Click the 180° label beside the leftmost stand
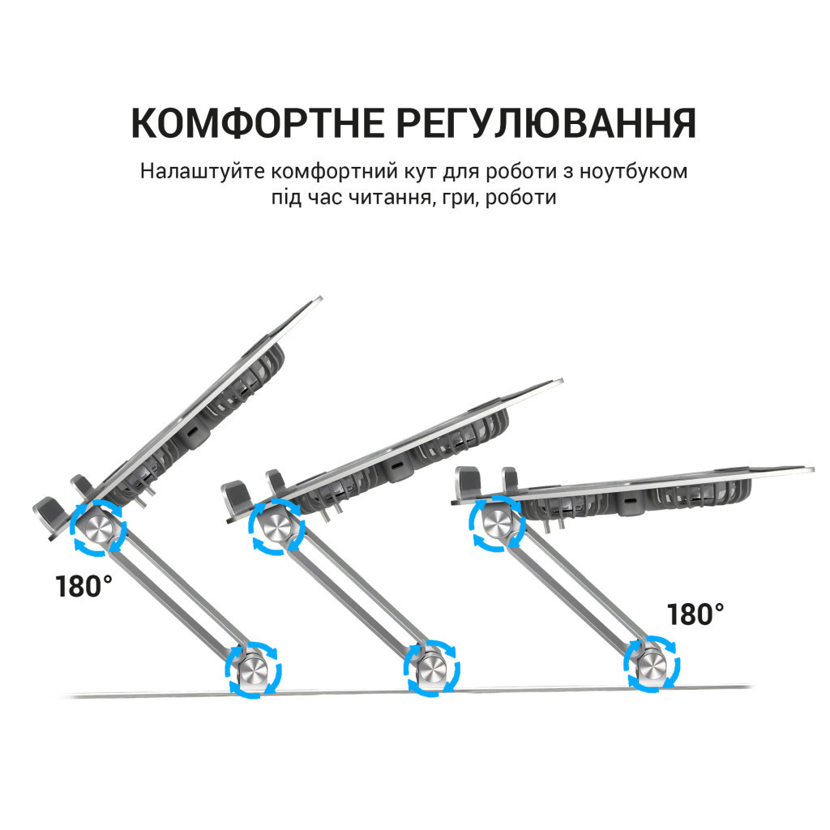pos(84,586)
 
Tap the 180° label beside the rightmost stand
pos(695,614)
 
